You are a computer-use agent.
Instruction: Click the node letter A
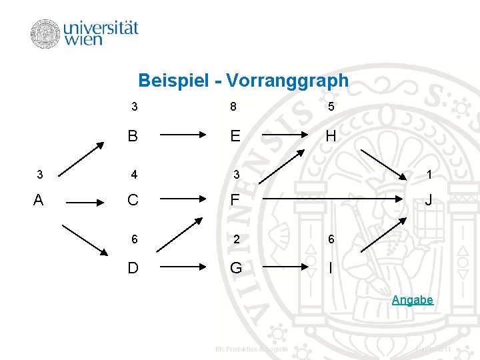point(39,200)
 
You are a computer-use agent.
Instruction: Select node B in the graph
point(133,136)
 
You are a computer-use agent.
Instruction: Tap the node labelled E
point(235,136)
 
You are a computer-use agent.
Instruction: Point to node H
point(331,136)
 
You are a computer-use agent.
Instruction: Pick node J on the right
point(429,200)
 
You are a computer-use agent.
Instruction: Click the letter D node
point(133,267)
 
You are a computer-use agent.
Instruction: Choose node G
point(235,267)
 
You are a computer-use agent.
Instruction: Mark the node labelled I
point(330,267)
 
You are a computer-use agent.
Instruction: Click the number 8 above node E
point(233,107)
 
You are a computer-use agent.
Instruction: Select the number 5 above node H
point(331,107)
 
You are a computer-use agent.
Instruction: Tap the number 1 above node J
point(429,175)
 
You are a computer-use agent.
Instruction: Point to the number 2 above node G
point(235,240)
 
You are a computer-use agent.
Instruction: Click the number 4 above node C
point(134,175)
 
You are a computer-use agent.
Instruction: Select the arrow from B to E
point(184,134)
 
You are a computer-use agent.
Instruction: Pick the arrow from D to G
point(184,265)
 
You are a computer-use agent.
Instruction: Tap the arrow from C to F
point(184,199)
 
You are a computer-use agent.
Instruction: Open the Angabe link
point(412,300)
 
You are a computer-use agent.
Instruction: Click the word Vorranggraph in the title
point(287,81)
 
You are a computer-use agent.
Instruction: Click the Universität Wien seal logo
point(45,34)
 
